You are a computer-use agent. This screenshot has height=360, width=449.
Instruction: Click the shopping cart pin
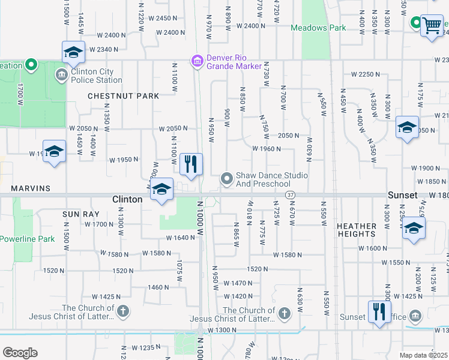[x=431, y=26]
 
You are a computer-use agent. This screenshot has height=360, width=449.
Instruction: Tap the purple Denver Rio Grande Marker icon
[x=196, y=61]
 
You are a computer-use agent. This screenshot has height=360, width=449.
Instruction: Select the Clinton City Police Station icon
[x=61, y=75]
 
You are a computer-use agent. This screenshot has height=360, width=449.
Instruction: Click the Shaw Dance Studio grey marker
[x=226, y=178]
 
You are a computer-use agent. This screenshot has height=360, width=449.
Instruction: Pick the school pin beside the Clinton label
[x=161, y=190]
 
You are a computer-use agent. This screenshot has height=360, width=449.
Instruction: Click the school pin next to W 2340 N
[x=73, y=52]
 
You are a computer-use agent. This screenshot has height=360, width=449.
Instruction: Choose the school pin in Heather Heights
[x=413, y=229]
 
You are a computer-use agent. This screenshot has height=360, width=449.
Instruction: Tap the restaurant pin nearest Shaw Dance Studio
[x=191, y=164]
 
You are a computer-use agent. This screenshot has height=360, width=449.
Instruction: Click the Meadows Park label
[x=318, y=28]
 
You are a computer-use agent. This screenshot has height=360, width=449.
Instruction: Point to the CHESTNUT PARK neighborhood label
[x=124, y=96]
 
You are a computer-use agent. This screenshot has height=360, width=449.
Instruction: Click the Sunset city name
[x=402, y=196]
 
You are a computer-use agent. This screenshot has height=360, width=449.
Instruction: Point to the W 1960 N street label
[x=267, y=149]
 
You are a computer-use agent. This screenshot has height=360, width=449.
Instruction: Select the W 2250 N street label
[x=366, y=74]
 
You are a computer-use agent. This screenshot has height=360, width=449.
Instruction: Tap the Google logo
[x=20, y=352]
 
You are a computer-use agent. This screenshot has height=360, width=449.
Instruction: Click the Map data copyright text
[x=424, y=355]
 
